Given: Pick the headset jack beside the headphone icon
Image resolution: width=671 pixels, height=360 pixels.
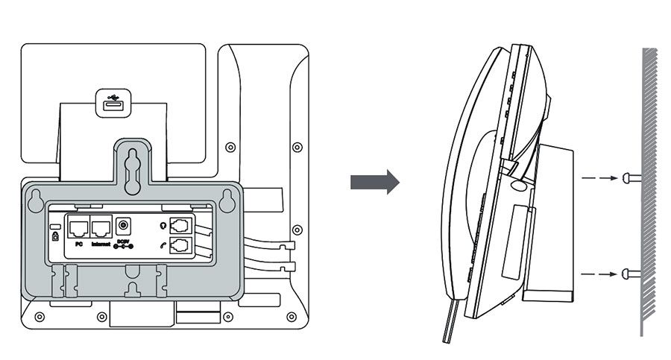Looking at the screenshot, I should [181, 225].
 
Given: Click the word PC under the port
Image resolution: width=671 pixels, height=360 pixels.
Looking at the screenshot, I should [78, 244].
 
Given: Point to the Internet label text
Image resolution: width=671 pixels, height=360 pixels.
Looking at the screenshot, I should [101, 244].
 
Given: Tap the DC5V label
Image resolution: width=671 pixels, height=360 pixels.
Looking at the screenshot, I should [123, 242].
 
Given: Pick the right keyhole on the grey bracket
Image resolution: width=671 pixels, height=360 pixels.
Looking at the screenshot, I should [228, 199].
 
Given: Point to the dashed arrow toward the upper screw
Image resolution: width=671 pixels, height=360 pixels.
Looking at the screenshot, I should [599, 177].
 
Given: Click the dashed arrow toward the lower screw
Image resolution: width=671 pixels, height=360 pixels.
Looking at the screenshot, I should [599, 274].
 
